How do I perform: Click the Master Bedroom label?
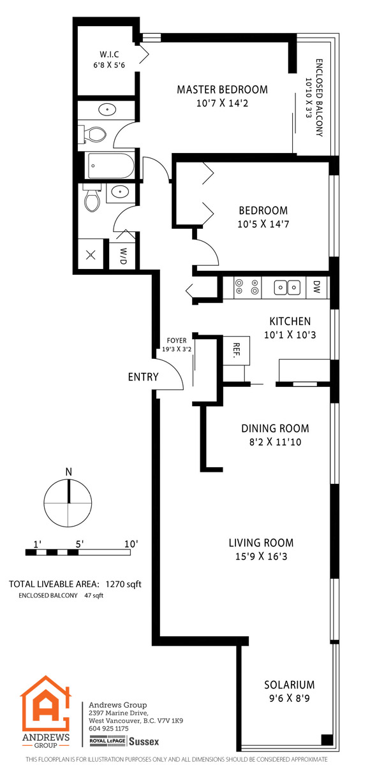[222, 89]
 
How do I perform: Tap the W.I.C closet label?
[109, 54]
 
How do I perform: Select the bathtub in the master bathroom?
[111, 166]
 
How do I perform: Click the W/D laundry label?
[123, 256]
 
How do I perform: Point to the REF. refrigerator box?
[236, 351]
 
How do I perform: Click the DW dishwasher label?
[316, 287]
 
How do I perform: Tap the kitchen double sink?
[287, 288]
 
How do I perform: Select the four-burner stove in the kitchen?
[247, 287]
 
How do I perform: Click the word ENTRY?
[144, 377]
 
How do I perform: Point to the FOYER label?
[177, 340]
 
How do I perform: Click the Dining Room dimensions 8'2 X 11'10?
[275, 442]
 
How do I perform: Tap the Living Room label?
[261, 543]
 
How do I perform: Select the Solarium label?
[290, 685]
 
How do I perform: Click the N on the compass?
[69, 472]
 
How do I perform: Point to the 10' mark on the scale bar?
[131, 544]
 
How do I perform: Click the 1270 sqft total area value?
[123, 584]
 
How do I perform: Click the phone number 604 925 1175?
[108, 729]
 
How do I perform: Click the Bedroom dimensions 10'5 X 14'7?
[263, 224]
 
